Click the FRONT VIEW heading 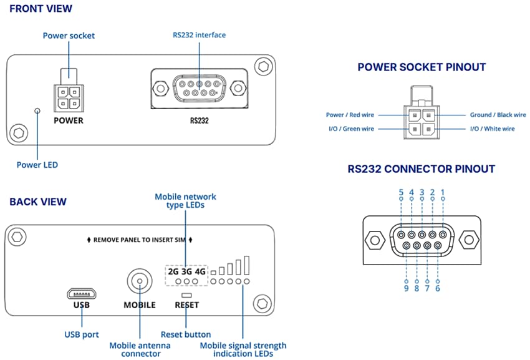pyautogui.click(x=41, y=9)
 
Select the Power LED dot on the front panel pyautogui.click(x=37, y=111)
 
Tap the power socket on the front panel pyautogui.click(x=69, y=94)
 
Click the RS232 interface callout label pyautogui.click(x=199, y=35)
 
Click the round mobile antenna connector pyautogui.click(x=140, y=281)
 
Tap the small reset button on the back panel pyautogui.click(x=187, y=293)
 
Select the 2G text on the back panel pyautogui.click(x=173, y=271)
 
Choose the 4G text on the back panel pyautogui.click(x=200, y=271)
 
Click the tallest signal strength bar pyautogui.click(x=246, y=265)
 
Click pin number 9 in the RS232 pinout pyautogui.click(x=407, y=288)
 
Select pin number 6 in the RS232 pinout pyautogui.click(x=438, y=288)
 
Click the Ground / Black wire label pyautogui.click(x=498, y=115)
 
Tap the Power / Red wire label pyautogui.click(x=350, y=115)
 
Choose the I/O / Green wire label pyautogui.click(x=351, y=129)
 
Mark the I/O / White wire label pyautogui.click(x=492, y=129)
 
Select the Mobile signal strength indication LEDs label pyautogui.click(x=243, y=349)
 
